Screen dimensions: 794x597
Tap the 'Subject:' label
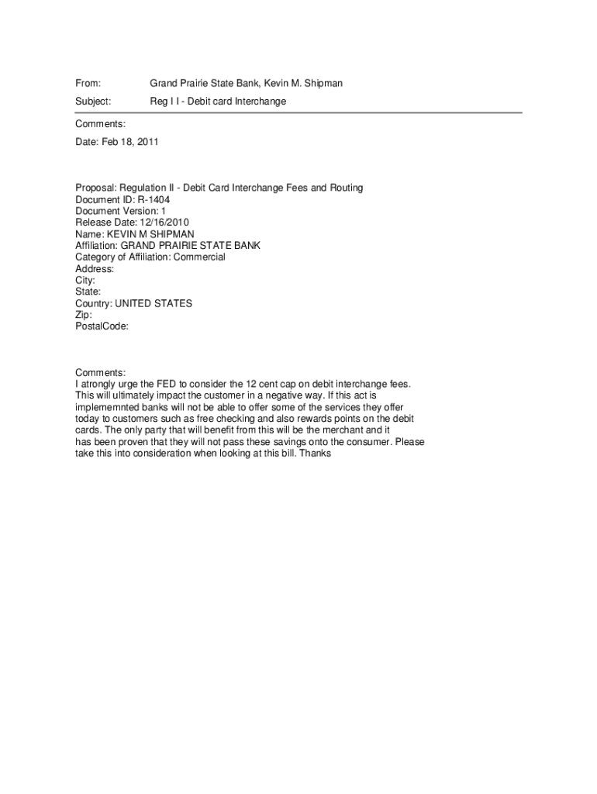point(93,102)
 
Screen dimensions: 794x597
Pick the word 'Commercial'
point(199,257)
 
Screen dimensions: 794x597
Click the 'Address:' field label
point(95,269)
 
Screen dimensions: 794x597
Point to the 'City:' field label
point(85,281)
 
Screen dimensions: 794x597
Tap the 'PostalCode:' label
point(102,326)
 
